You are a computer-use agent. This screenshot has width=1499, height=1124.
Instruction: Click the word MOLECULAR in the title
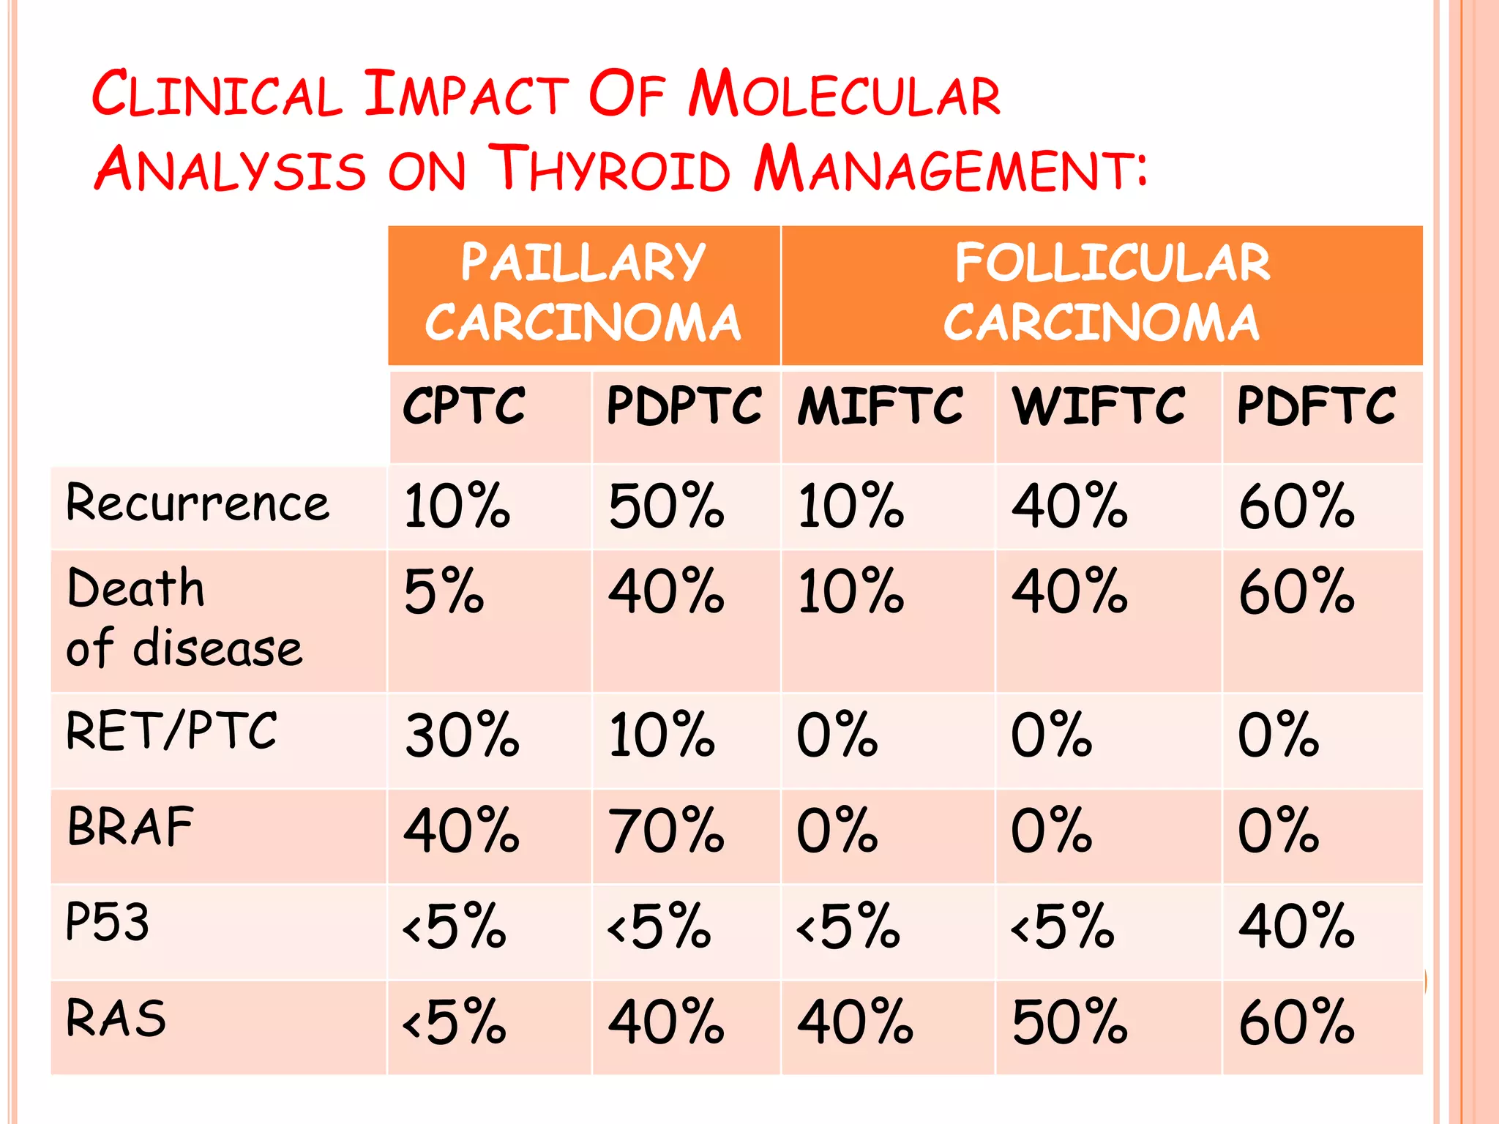(844, 95)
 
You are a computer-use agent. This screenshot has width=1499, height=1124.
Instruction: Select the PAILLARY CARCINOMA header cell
(583, 294)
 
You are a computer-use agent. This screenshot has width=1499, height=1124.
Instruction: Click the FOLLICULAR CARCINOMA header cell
(1102, 294)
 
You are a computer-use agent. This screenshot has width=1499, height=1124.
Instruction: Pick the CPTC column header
(464, 407)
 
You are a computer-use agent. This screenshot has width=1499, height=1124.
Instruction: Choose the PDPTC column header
(684, 407)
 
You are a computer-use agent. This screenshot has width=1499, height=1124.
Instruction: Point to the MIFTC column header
(880, 407)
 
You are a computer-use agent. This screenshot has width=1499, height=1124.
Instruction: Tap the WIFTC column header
(1099, 407)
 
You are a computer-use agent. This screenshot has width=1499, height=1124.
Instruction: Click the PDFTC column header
(1316, 407)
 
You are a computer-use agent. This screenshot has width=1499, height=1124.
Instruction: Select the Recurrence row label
(198, 505)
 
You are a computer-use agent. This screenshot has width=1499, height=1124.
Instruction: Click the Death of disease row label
(183, 618)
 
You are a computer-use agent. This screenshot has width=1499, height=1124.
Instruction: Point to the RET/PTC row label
(171, 732)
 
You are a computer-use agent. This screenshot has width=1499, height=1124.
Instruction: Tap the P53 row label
(108, 922)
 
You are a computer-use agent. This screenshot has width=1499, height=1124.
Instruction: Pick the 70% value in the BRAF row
(666, 831)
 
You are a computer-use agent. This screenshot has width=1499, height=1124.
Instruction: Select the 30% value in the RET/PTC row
(462, 735)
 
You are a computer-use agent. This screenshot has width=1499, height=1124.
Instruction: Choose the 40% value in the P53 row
(1296, 927)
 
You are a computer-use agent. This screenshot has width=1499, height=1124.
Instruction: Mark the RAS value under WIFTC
(1069, 1022)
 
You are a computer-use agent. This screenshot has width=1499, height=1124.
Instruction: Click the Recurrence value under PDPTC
(666, 506)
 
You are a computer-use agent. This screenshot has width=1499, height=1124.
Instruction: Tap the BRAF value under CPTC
(461, 831)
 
